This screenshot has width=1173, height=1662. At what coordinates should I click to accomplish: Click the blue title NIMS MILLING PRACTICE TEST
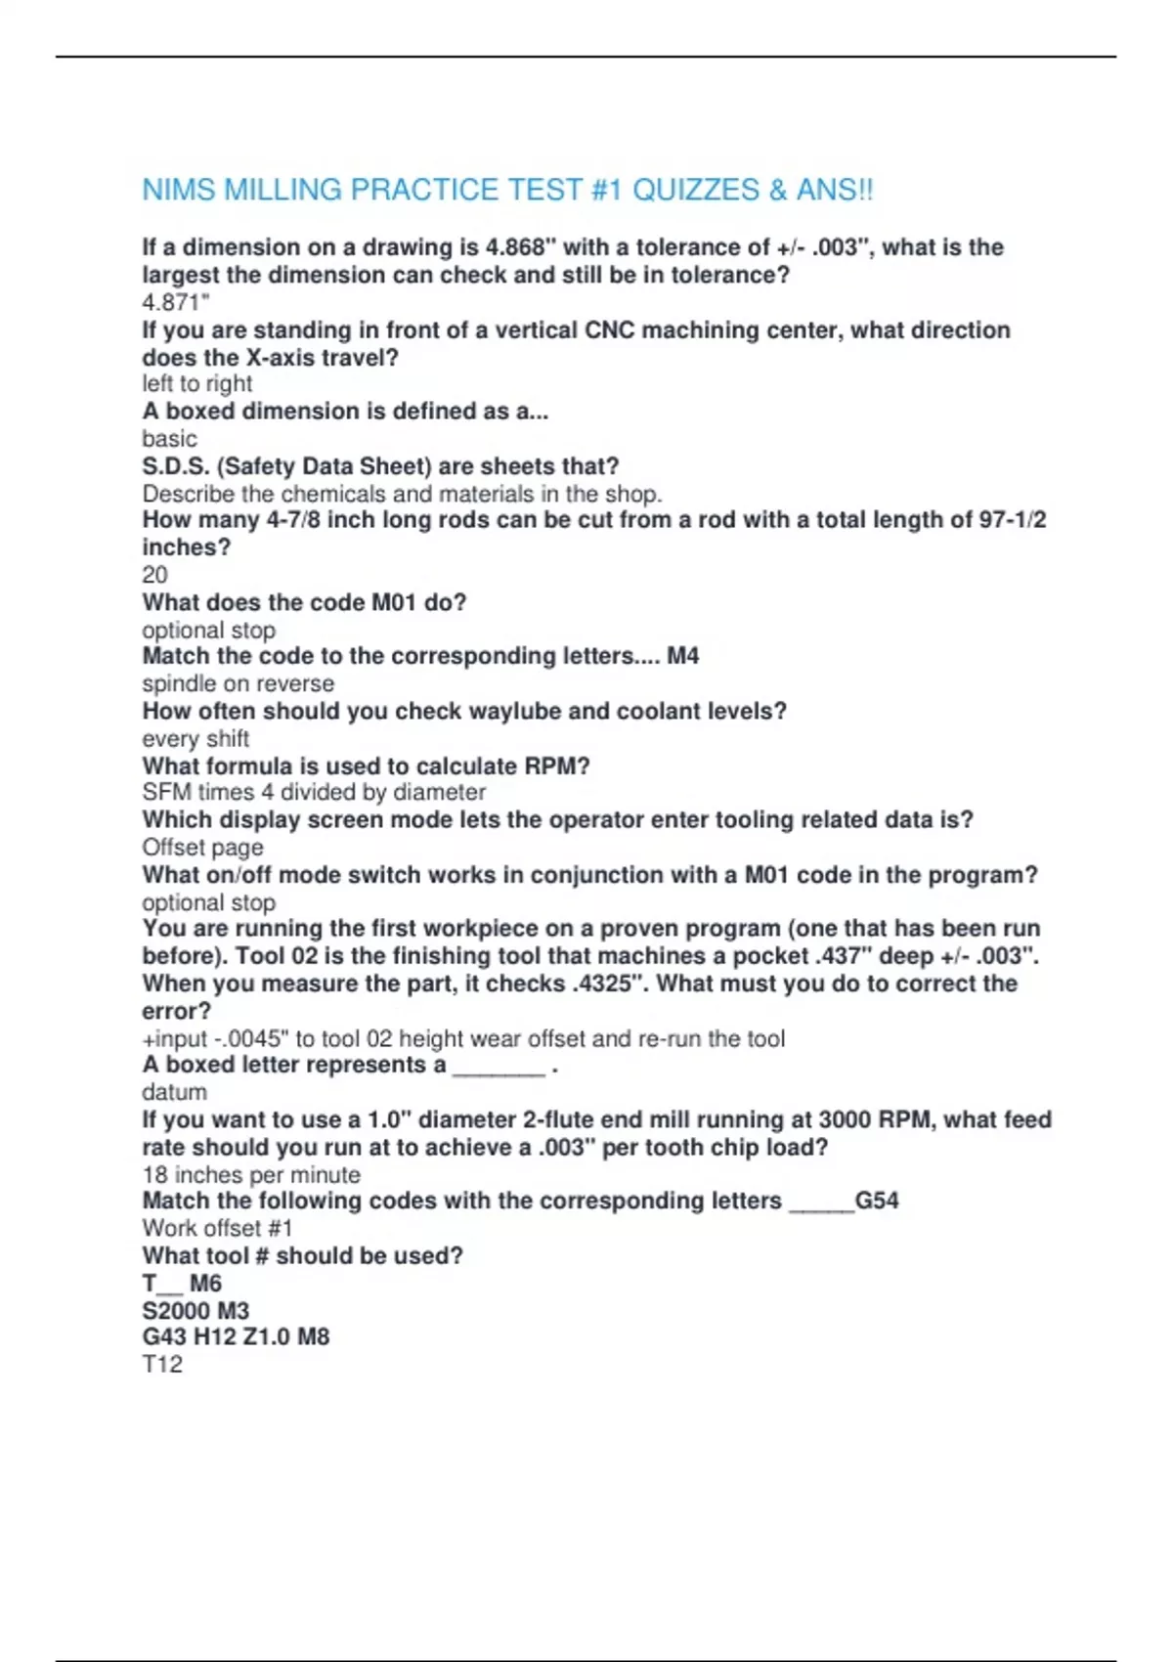[507, 190]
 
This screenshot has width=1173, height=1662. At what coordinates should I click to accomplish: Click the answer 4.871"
[176, 302]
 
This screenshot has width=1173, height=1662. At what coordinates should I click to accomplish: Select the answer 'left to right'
[196, 383]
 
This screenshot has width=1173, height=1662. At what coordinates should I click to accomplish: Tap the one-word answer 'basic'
[169, 439]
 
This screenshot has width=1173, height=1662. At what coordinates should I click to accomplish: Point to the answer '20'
[154, 575]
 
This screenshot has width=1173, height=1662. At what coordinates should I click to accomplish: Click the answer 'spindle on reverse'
[238, 683]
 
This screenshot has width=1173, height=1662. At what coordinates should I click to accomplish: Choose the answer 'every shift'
[195, 738]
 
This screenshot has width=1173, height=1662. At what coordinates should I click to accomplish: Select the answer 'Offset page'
[202, 848]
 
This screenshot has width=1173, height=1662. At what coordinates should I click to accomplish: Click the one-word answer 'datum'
[174, 1092]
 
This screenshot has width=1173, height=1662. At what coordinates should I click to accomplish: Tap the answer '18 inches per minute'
[251, 1174]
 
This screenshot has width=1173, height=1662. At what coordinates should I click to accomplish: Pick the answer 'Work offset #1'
[217, 1228]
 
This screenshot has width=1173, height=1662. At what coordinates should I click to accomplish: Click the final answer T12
[162, 1364]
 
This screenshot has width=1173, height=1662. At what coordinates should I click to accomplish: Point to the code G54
[877, 1201]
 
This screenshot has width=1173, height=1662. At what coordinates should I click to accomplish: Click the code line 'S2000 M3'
[195, 1310]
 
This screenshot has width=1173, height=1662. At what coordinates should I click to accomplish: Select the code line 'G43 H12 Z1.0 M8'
[236, 1336]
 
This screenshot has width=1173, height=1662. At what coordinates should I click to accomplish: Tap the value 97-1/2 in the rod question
[1013, 520]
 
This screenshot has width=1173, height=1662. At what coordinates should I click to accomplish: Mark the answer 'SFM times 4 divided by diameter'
[314, 792]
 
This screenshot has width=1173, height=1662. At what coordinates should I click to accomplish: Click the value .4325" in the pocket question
[607, 984]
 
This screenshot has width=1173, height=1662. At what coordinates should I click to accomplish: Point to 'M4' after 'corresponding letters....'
[682, 656]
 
